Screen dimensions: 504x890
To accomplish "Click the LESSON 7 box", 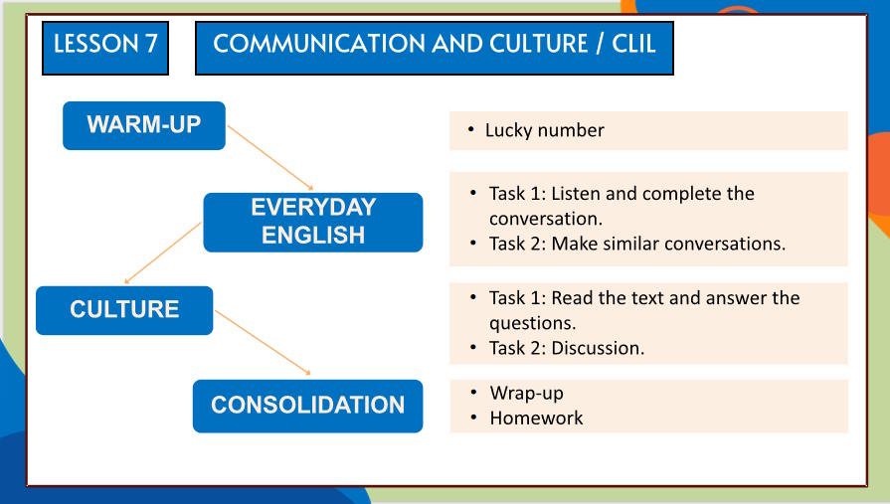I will pos(104,45).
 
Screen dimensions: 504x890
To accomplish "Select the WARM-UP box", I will pos(144,125).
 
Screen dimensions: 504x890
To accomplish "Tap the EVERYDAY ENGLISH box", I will pos(313,222).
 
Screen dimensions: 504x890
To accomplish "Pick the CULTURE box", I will pos(124,310).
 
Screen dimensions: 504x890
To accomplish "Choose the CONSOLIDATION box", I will pos(307,406).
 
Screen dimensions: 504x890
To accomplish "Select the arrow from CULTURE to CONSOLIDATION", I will pos(264,343).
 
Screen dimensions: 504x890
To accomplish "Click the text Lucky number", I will pos(544,130).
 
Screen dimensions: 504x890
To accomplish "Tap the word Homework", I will pos(536,419).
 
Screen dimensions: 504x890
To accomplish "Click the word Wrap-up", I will pos(526,394).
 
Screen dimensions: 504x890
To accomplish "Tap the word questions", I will pos(532,323).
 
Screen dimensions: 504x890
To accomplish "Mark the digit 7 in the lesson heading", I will pos(151,45).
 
